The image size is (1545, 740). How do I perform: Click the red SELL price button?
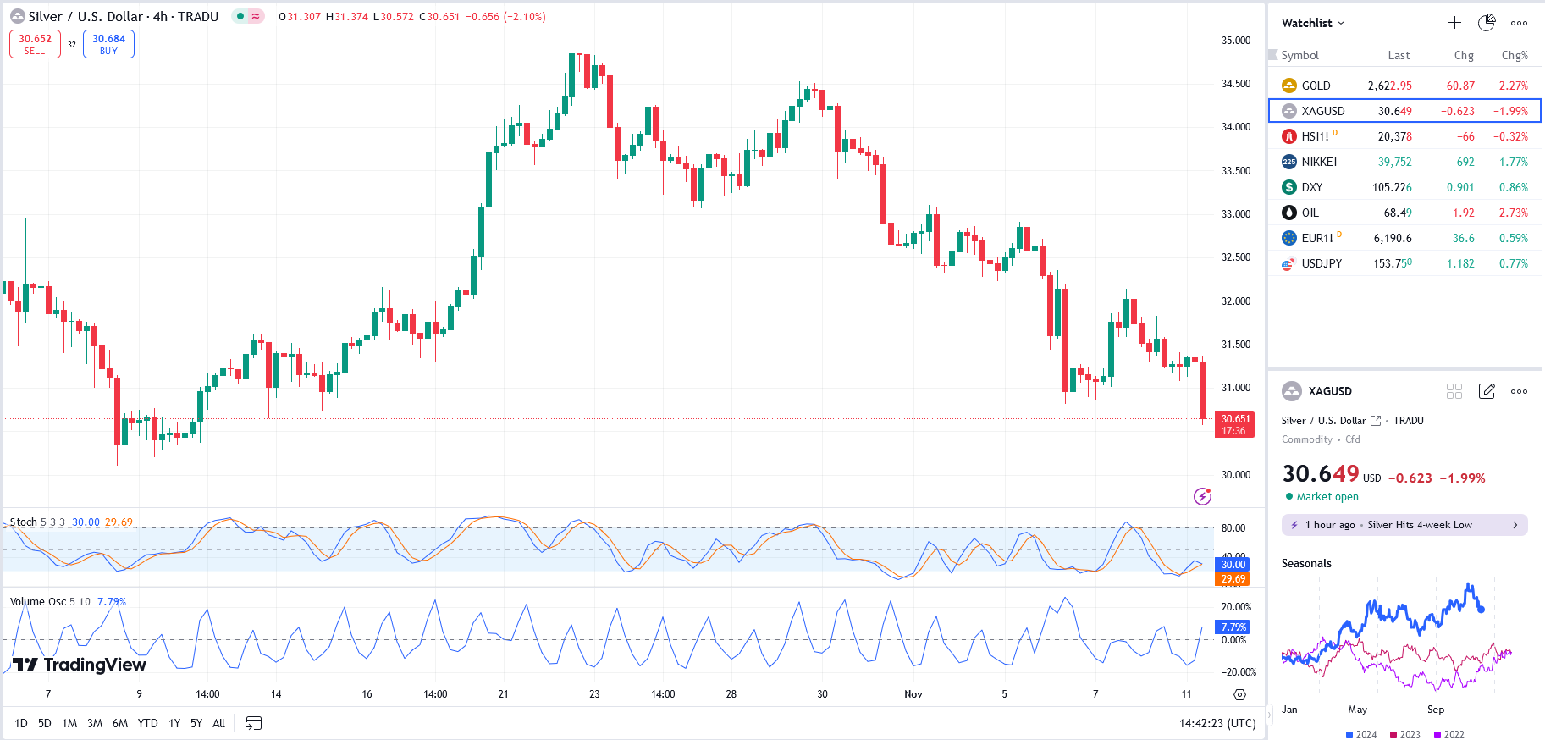(x=35, y=44)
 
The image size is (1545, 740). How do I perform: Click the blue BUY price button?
(x=108, y=44)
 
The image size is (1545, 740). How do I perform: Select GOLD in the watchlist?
(x=1316, y=86)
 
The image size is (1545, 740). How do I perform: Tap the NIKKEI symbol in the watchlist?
(x=1319, y=162)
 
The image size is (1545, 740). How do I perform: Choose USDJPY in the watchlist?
(x=1322, y=263)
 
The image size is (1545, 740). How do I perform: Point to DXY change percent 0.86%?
(x=1513, y=187)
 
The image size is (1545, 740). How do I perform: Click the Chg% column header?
(x=1515, y=55)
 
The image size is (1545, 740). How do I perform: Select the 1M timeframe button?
(x=69, y=723)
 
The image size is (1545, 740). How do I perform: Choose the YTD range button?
(x=147, y=723)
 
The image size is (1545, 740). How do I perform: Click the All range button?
(x=218, y=723)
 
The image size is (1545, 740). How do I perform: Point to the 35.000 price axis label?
(x=1235, y=41)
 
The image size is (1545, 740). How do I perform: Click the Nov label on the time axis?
(x=913, y=694)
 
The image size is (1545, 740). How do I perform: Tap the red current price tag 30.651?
(x=1234, y=424)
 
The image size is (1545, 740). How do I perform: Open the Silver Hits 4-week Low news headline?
(x=1404, y=525)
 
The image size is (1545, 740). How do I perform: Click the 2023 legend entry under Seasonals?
(x=1405, y=734)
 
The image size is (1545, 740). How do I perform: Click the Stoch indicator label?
(x=24, y=522)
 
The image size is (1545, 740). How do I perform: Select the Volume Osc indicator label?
(x=38, y=602)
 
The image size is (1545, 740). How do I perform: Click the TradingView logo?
(x=80, y=665)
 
